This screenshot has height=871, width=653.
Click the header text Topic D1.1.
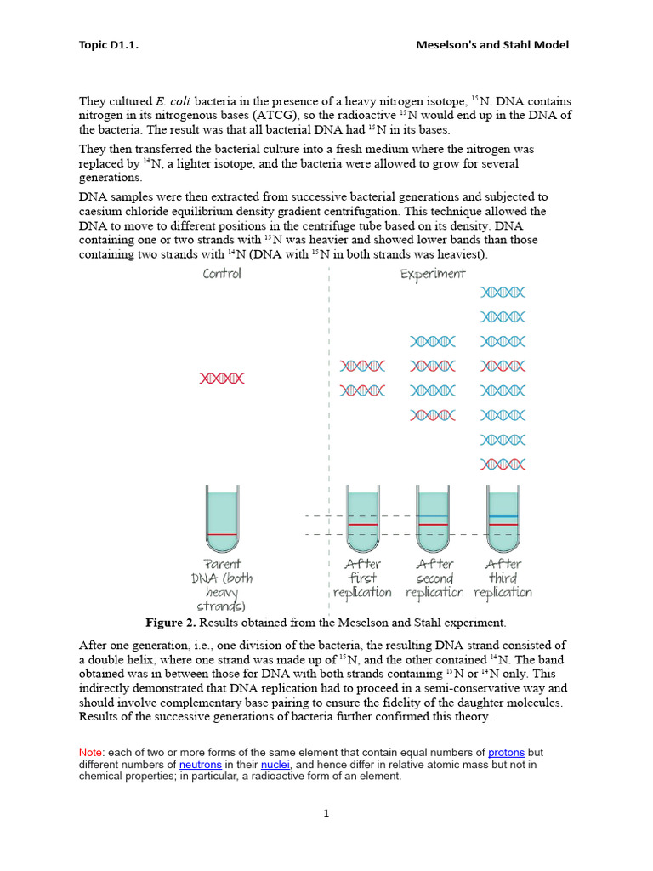(108, 45)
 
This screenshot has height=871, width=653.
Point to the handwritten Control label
(222, 274)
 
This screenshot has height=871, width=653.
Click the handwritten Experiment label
(433, 274)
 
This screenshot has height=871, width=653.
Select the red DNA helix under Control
(222, 379)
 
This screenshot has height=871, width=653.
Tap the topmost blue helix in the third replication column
(503, 292)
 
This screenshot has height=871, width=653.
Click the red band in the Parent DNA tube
(223, 534)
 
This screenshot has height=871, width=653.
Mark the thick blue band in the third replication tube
(503, 516)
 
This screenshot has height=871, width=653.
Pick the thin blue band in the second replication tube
(432, 516)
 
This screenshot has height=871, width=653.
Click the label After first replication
(362, 578)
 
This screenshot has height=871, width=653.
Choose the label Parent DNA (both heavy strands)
(223, 584)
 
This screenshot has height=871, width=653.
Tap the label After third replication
(503, 578)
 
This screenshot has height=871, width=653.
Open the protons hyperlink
(506, 753)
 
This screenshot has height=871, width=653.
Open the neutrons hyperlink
(200, 765)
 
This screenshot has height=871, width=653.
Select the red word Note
(89, 753)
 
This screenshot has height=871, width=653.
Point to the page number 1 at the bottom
(326, 813)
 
